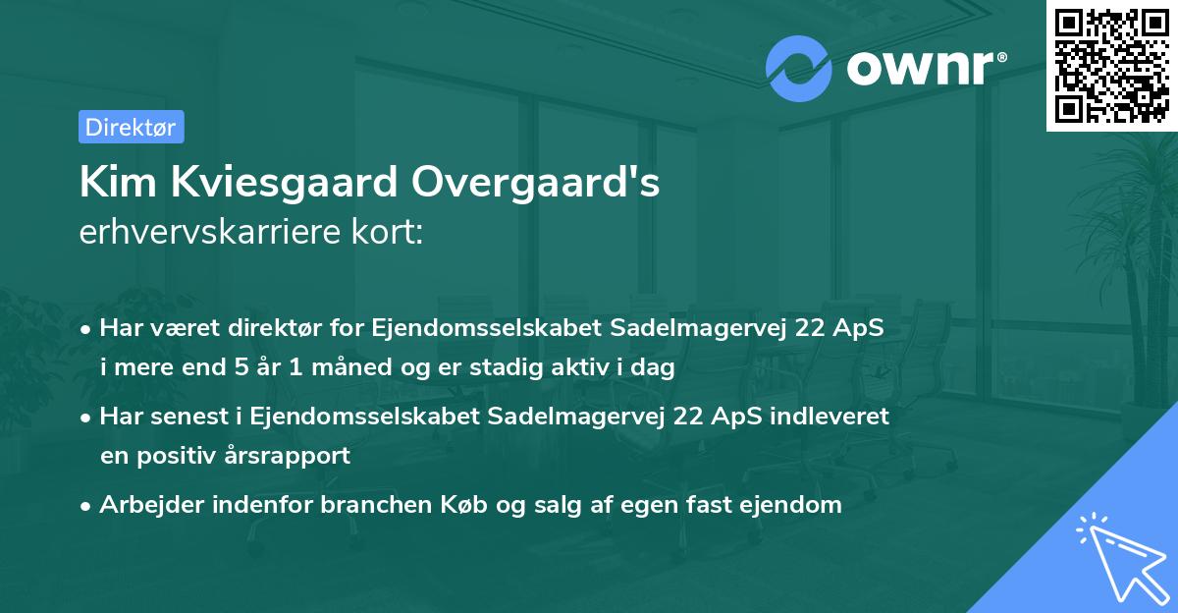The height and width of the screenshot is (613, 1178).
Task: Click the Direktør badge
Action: click(131, 127)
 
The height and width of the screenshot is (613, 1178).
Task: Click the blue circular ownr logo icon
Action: click(799, 69)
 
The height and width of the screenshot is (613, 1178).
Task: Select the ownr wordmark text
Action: click(924, 69)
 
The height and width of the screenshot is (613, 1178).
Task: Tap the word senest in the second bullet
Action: click(187, 417)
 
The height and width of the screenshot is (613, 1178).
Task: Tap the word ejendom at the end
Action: click(793, 505)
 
